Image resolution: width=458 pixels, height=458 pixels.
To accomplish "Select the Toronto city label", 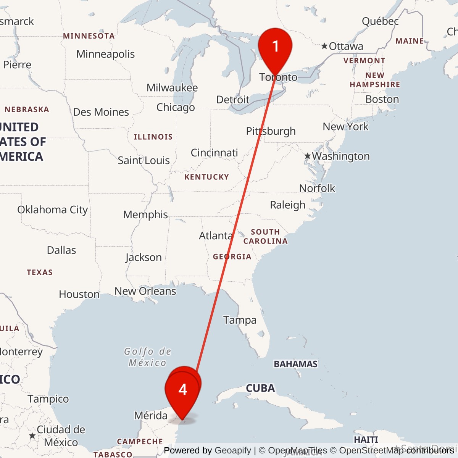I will (278, 77).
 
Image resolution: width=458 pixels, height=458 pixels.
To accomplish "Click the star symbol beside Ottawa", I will (324, 46).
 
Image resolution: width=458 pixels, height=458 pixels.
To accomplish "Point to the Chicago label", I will (176, 108).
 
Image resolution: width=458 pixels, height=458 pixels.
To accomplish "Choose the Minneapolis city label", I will (105, 54).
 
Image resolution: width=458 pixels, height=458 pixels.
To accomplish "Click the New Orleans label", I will (145, 291).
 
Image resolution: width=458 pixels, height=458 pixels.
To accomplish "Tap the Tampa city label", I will (240, 320).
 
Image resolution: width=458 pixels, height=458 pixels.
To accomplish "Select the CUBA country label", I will (260, 388).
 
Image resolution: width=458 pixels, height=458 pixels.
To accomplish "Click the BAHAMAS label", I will (295, 364).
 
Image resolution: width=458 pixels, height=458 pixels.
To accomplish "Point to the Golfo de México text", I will (147, 357).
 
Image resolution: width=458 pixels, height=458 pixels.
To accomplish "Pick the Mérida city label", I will (151, 415).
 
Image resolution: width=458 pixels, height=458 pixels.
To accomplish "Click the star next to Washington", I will (308, 156).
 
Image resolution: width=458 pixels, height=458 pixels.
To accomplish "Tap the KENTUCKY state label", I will (206, 177).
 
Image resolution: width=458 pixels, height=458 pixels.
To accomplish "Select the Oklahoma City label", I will (53, 210).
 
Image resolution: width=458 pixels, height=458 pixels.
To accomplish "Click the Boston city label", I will (382, 99).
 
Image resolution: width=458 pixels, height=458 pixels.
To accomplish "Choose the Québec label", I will (380, 21).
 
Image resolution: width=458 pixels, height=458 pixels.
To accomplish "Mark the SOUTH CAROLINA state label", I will (265, 237).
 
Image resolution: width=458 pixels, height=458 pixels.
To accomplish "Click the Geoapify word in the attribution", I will (233, 451).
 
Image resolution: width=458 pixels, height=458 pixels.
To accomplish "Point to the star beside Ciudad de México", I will (32, 435).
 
